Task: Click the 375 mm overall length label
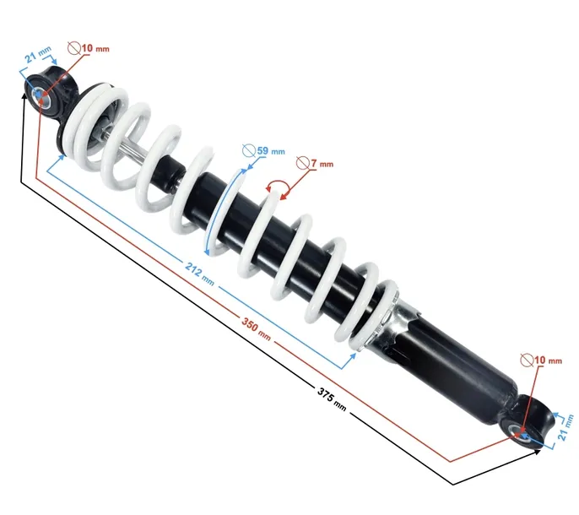pyautogui.click(x=332, y=399)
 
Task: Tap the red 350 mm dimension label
pyautogui.click(x=256, y=328)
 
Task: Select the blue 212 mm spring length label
pyautogui.click(x=199, y=274)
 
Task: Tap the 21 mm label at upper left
pyautogui.click(x=38, y=54)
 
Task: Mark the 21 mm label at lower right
pyautogui.click(x=565, y=427)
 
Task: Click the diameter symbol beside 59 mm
pyautogui.click(x=249, y=151)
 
